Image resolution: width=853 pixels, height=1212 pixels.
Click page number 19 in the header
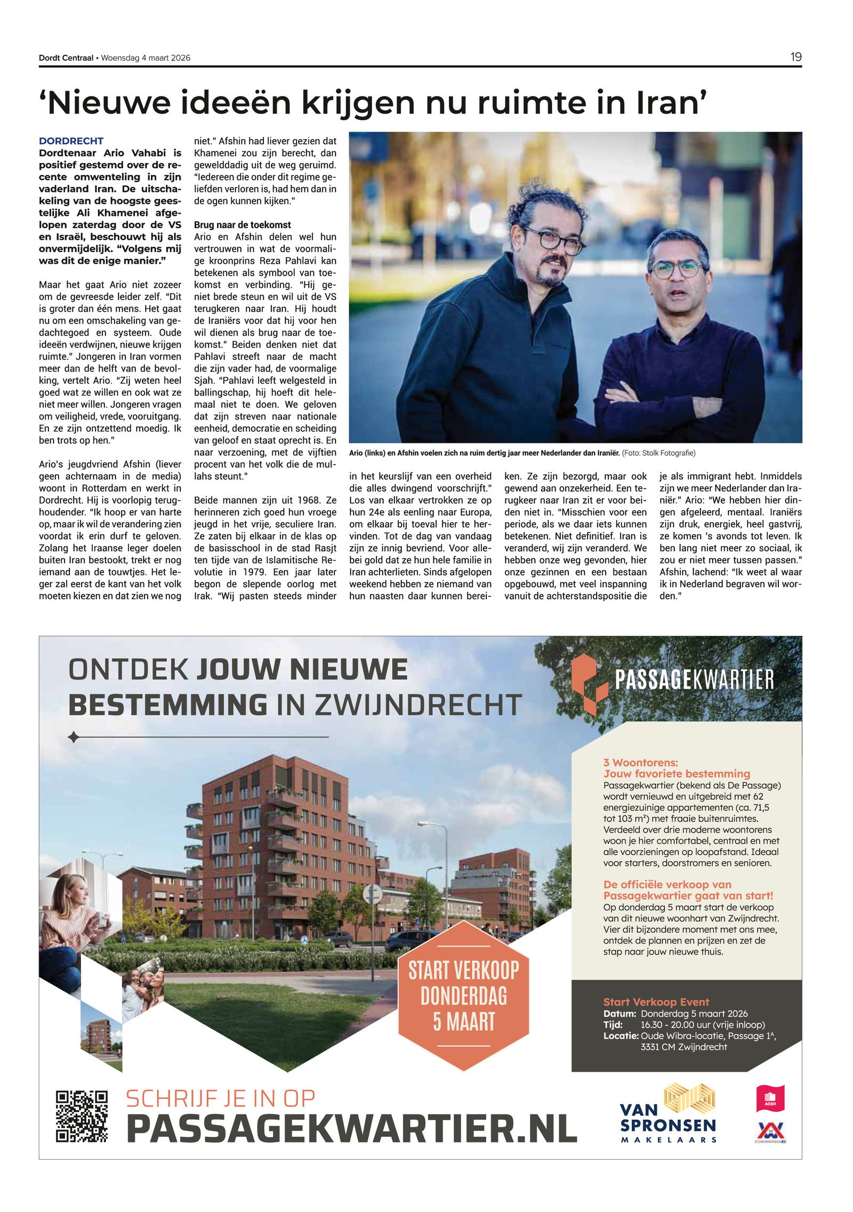tap(795, 57)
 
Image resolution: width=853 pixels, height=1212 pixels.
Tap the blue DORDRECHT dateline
tap(71, 141)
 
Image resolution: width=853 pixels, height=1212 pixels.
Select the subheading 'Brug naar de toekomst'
tap(242, 225)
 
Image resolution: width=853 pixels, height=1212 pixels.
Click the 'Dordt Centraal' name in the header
tap(66, 58)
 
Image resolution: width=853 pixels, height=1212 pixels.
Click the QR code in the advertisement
tap(82, 1116)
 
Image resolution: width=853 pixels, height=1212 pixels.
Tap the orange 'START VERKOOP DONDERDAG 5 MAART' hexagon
tap(463, 996)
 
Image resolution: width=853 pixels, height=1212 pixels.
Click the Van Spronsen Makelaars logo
tap(668, 1114)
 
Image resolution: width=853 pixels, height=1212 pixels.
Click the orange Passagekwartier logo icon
tap(589, 684)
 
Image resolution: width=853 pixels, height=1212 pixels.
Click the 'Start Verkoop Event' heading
tap(656, 1002)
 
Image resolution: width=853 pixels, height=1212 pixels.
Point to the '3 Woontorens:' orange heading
tap(640, 762)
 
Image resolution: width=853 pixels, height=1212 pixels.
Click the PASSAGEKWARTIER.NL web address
tap(351, 1128)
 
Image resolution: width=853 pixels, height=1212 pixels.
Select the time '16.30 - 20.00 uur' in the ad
tap(702, 1024)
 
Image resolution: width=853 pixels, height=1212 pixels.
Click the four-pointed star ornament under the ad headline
tap(74, 737)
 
